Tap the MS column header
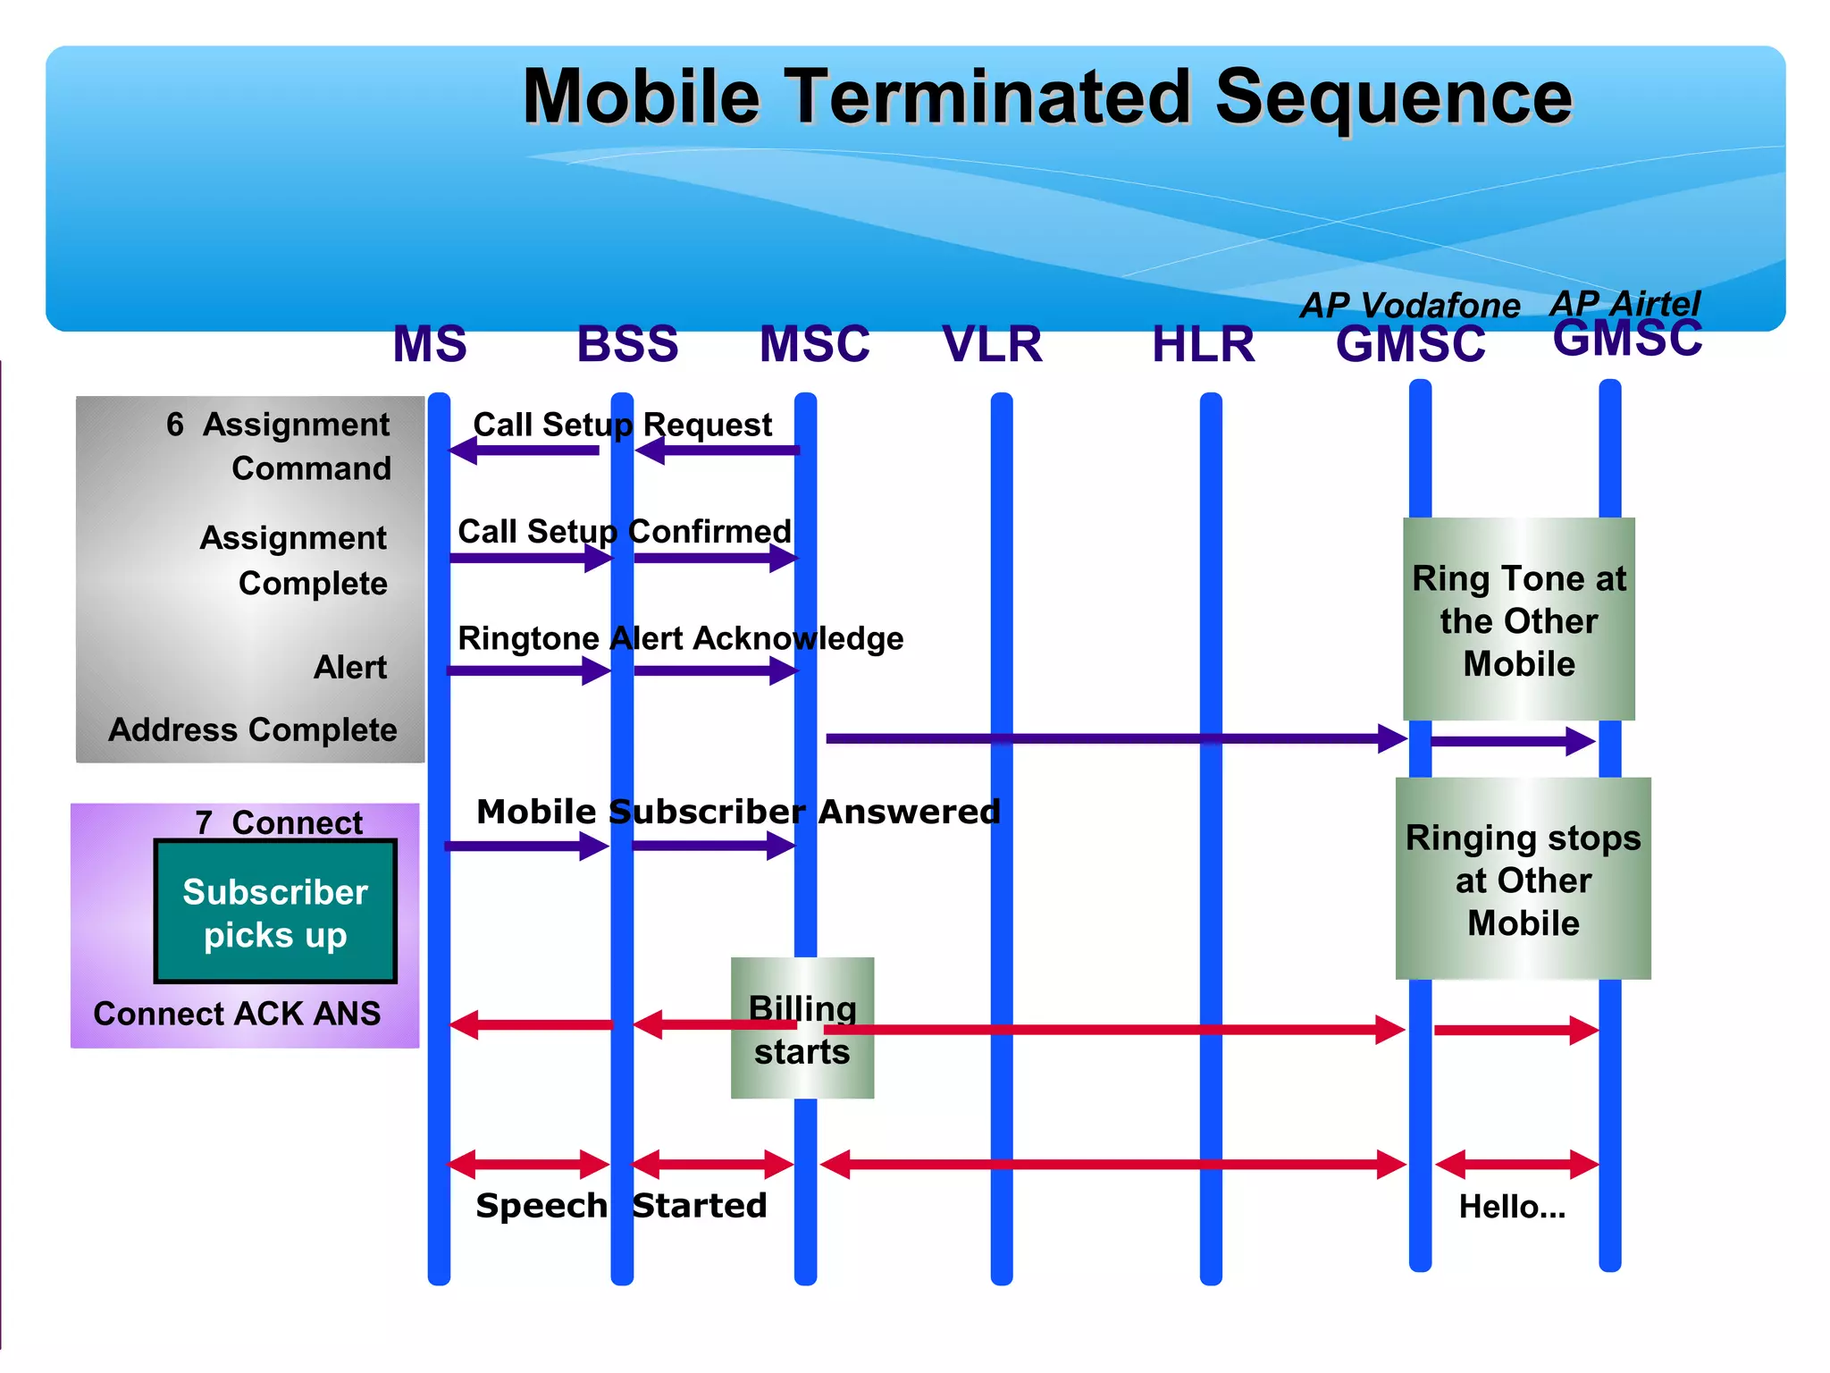tap(430, 344)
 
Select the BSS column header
tap(627, 344)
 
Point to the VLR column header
tap(992, 344)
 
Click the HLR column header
tap(1203, 344)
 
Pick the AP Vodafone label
tap(1409, 306)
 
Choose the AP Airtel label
tap(1624, 303)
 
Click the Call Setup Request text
tap(622, 425)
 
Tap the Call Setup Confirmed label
tap(624, 532)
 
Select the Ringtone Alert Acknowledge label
tap(680, 638)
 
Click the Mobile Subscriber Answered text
tap(738, 812)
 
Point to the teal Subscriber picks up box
tap(275, 912)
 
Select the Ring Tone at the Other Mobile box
tap(1518, 619)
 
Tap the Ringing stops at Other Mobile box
tap(1523, 879)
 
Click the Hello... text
tap(1512, 1207)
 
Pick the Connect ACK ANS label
tap(237, 1014)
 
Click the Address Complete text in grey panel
tap(253, 729)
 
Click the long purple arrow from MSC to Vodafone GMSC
tap(1108, 738)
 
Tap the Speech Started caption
tap(621, 1206)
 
